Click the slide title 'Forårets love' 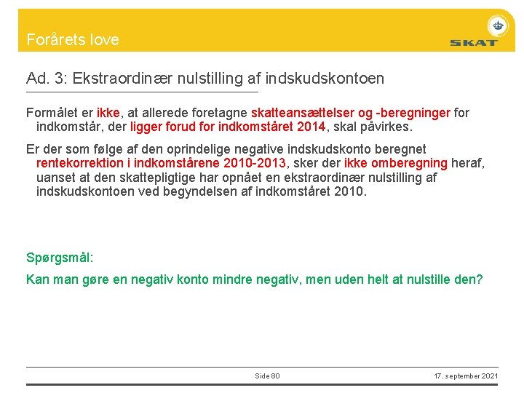[x=72, y=39]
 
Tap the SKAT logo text [x=473, y=42]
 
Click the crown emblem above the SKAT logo [x=498, y=25]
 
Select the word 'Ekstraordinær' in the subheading [x=112, y=78]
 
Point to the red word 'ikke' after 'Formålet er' [x=108, y=113]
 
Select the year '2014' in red [x=312, y=127]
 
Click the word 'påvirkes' [x=386, y=127]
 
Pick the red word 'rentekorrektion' [x=81, y=163]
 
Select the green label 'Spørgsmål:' [x=60, y=258]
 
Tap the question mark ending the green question [x=479, y=279]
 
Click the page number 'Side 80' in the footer [x=267, y=376]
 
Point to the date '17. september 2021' [x=466, y=376]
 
